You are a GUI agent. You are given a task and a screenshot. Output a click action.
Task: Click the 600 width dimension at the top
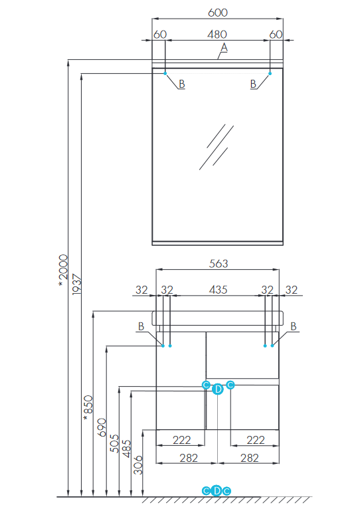(x=218, y=13)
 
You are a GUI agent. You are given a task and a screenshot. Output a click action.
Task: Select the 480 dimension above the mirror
(x=217, y=34)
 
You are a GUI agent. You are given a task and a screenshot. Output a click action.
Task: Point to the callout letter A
(x=224, y=48)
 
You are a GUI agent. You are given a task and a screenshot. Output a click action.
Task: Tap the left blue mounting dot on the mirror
(x=165, y=74)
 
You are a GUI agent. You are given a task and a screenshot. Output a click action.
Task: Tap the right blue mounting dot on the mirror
(x=270, y=74)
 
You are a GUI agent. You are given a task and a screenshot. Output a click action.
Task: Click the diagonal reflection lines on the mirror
(x=217, y=147)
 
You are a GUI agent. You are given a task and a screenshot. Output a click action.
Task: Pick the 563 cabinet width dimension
(x=219, y=263)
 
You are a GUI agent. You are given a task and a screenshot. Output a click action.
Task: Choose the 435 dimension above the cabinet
(x=218, y=290)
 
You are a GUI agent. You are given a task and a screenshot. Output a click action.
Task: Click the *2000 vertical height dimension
(x=63, y=271)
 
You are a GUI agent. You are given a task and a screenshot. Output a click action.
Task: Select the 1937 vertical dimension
(x=76, y=284)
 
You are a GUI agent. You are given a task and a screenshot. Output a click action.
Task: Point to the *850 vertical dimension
(x=88, y=408)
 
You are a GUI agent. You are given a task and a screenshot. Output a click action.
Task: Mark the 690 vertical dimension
(x=102, y=427)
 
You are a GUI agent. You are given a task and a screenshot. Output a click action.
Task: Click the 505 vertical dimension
(x=114, y=443)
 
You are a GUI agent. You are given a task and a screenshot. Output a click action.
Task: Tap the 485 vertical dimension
(x=126, y=449)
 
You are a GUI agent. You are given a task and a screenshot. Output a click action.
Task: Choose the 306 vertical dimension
(x=138, y=465)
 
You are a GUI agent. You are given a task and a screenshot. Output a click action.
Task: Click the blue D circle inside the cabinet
(x=218, y=389)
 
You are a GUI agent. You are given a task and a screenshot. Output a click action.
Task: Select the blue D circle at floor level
(x=217, y=490)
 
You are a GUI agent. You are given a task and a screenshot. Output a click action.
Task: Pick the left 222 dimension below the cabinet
(x=181, y=440)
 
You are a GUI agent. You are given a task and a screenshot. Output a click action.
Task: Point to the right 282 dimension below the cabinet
(x=250, y=459)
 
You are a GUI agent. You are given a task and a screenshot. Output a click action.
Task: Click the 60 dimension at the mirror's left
(x=160, y=34)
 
